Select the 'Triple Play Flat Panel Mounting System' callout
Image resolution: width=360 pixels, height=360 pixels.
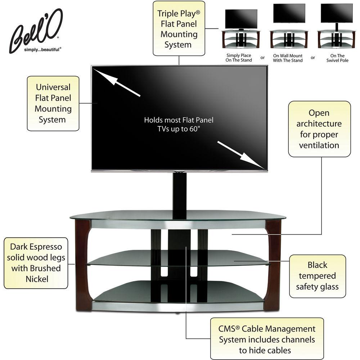[178, 28]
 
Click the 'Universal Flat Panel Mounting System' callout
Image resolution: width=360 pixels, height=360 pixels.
[53, 103]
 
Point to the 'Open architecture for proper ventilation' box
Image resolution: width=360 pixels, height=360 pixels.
[319, 129]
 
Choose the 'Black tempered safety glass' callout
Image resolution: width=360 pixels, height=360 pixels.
[317, 276]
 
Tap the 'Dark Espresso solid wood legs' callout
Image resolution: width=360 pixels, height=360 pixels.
[36, 263]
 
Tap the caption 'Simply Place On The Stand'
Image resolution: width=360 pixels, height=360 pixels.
[239, 58]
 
